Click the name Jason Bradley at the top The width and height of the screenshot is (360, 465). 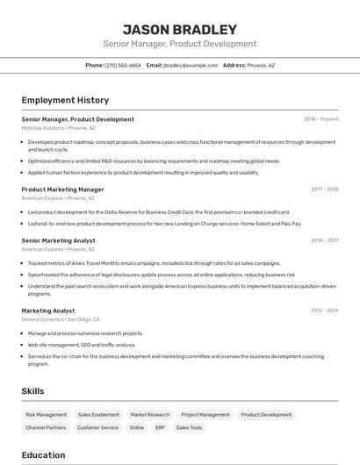pos(179,29)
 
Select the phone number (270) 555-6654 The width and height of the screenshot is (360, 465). pos(123,65)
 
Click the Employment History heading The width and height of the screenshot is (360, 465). pos(65,100)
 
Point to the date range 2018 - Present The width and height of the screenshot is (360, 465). pos(320,119)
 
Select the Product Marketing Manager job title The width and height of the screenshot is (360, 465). pos(62,189)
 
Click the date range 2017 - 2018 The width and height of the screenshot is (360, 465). pos(324,189)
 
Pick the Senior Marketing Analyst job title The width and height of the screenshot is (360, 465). pos(58,240)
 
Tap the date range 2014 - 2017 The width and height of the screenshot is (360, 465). pos(324,240)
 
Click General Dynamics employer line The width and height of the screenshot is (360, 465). pos(61,319)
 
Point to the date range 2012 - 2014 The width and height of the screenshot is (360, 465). pos(324,310)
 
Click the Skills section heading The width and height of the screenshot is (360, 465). pos(32,391)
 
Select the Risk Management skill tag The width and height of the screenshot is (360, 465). pos(46,414)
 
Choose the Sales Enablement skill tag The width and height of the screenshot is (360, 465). pos(98,414)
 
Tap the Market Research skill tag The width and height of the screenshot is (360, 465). pos(150,414)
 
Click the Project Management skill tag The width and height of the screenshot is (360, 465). pos(205,414)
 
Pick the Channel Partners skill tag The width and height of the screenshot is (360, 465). pos(46,427)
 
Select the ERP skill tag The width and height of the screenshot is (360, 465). pos(160,427)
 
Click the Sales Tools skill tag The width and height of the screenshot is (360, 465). pos(189,427)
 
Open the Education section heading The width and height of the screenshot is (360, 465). pos(43,454)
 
